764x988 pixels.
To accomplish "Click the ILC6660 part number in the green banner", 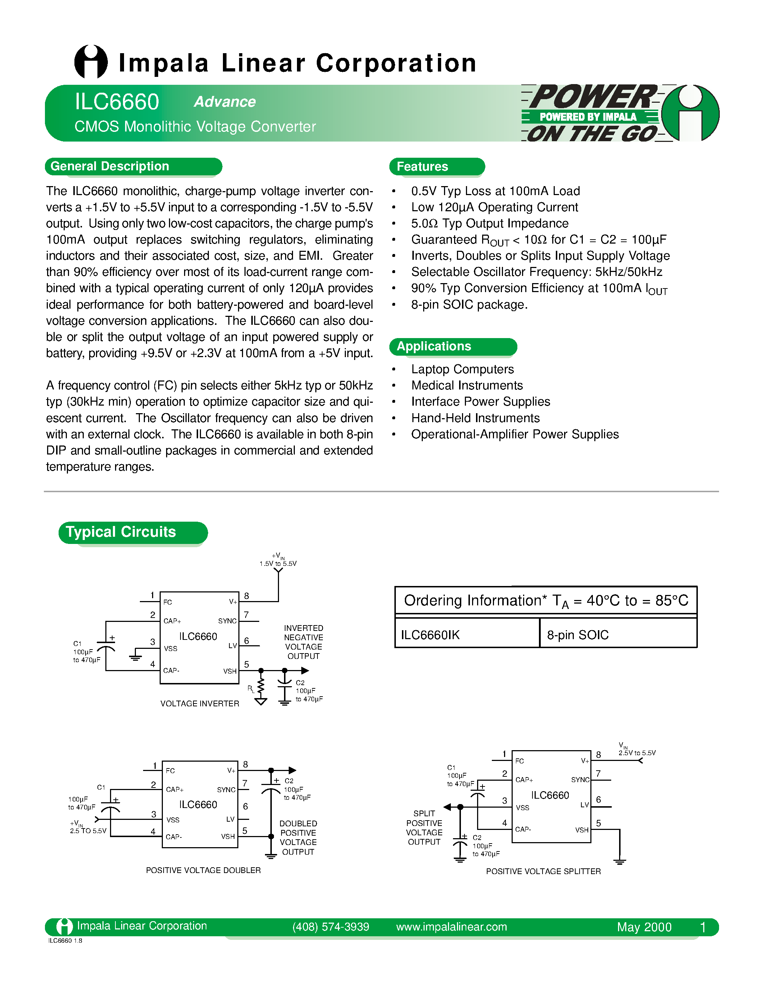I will click(117, 102).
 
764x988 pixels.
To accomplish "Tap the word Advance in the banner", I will click(225, 102).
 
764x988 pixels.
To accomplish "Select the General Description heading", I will click(110, 166).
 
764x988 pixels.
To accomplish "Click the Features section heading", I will click(422, 166).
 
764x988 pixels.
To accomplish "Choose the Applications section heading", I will click(434, 347).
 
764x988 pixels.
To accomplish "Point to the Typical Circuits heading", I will click(121, 532).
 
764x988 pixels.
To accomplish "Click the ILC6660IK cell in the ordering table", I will click(430, 635).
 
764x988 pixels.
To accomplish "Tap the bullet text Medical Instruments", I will click(467, 385).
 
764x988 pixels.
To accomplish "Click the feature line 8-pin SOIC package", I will click(469, 305).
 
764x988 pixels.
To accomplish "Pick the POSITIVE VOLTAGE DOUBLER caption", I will click(203, 871).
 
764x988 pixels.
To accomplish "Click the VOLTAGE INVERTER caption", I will click(200, 704).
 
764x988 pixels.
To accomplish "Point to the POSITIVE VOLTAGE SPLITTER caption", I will click(543, 871).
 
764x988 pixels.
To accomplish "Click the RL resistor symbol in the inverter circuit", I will click(261, 687).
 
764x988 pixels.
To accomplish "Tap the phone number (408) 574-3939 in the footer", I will click(330, 927).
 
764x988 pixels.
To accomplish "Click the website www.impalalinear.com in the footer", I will click(451, 927).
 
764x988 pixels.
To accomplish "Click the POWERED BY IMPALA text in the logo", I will click(587, 117).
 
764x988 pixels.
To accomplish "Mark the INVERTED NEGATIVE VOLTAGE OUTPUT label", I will click(303, 642).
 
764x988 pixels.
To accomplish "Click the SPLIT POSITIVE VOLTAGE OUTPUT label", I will click(424, 827).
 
